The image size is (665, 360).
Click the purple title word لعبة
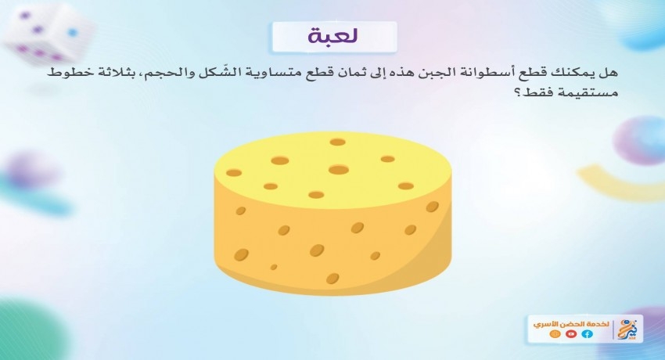(333, 37)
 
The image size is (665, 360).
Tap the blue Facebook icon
(587, 334)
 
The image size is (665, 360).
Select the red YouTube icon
(571, 334)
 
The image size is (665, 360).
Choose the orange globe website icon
(555, 334)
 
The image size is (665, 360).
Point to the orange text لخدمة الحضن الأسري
(571, 324)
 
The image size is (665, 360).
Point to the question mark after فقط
(517, 92)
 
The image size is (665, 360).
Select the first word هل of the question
(608, 73)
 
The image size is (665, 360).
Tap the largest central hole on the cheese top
(339, 170)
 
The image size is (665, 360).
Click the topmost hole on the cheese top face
(338, 142)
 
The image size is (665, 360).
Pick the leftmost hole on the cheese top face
(234, 173)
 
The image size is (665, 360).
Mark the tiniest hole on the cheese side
(274, 267)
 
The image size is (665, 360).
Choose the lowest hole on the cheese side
(332, 279)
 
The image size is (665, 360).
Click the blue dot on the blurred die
(72, 32)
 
